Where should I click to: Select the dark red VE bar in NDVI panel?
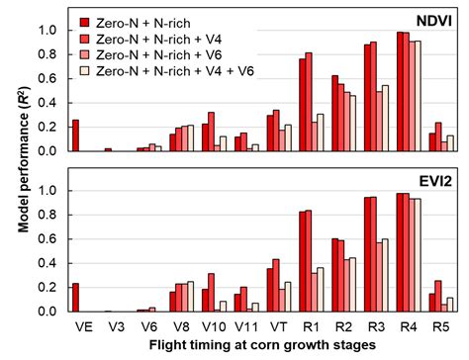click(75, 135)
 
